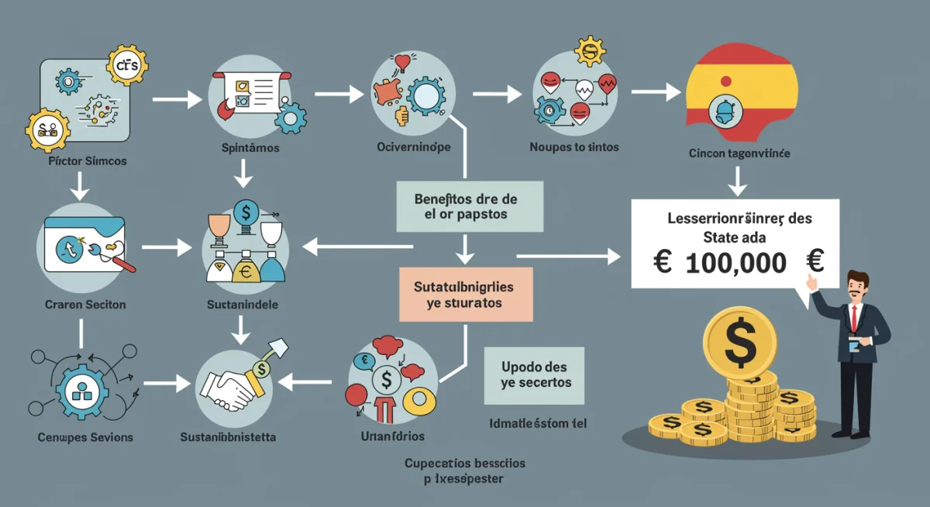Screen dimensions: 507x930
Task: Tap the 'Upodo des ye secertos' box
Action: click(x=535, y=374)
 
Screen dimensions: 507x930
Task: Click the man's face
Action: click(x=857, y=285)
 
